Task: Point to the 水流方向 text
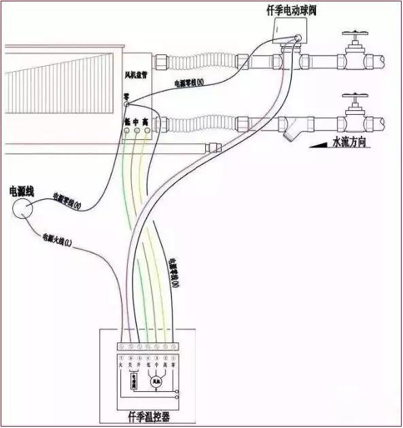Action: click(x=354, y=143)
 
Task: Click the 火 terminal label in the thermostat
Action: click(x=121, y=365)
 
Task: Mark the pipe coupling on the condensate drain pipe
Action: click(x=215, y=146)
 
